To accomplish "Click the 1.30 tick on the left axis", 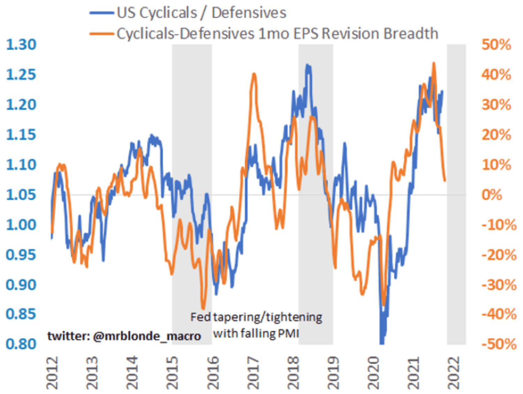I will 21,45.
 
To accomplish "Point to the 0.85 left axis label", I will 21,314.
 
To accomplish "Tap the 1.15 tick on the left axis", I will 21,134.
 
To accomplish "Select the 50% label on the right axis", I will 496,45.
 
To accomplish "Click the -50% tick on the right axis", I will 499,344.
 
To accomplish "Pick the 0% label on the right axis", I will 492,195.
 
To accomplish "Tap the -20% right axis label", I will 499,255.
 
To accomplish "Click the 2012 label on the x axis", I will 52,372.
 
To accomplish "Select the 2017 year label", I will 253,372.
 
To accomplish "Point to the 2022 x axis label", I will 454,372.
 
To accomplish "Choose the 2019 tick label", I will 334,372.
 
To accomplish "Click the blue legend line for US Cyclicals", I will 101,13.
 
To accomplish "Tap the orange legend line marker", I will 101,34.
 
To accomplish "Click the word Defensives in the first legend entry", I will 249,13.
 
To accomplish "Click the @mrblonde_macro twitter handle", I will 147,336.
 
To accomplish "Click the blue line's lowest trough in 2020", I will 382,343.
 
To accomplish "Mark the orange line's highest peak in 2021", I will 434,63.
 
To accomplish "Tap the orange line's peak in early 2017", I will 254,74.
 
